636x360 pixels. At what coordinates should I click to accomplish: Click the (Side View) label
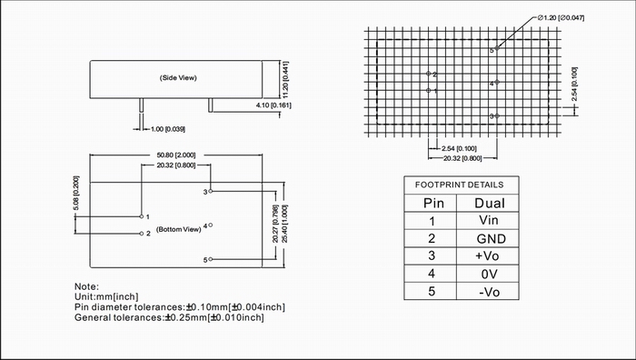click(x=178, y=77)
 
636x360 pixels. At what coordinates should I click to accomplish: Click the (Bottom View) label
click(x=178, y=229)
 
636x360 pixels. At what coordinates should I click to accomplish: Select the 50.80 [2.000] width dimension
click(x=176, y=155)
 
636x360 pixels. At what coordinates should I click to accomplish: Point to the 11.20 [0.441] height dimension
click(x=285, y=80)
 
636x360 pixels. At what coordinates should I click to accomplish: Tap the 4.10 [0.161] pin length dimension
click(x=273, y=105)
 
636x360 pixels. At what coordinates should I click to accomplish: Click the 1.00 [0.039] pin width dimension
click(x=168, y=129)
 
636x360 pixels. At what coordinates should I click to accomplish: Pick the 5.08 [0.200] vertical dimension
click(x=76, y=194)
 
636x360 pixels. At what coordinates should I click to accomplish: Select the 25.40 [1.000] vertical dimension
click(x=284, y=224)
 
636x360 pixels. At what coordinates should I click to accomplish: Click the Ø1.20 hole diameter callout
click(x=561, y=18)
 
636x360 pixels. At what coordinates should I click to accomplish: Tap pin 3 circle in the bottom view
click(x=211, y=191)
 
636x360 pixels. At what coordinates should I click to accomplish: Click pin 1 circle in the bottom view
click(x=142, y=216)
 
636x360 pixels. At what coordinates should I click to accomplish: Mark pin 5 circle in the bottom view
click(x=211, y=259)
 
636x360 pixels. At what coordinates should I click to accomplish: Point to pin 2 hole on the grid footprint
click(x=428, y=74)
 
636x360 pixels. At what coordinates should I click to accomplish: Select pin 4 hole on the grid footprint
click(x=497, y=82)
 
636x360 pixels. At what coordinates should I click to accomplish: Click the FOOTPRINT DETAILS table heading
click(x=460, y=185)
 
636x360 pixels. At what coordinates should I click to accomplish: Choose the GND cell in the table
click(x=492, y=239)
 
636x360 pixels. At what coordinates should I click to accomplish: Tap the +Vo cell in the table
click(x=487, y=256)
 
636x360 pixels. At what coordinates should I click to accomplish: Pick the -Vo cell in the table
click(x=489, y=292)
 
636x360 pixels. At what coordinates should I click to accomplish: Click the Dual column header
click(x=490, y=203)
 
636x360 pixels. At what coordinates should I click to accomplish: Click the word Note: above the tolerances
click(x=86, y=286)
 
